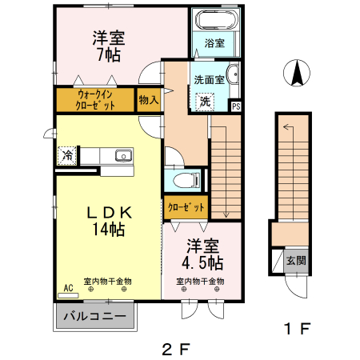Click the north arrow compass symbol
tap(295, 74)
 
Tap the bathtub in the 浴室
tap(214, 20)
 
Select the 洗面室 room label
tap(209, 79)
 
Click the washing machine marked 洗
tap(205, 102)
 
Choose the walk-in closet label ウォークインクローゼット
tap(94, 100)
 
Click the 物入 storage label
tap(148, 99)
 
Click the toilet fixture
tap(182, 180)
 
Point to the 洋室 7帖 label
tap(106, 46)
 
